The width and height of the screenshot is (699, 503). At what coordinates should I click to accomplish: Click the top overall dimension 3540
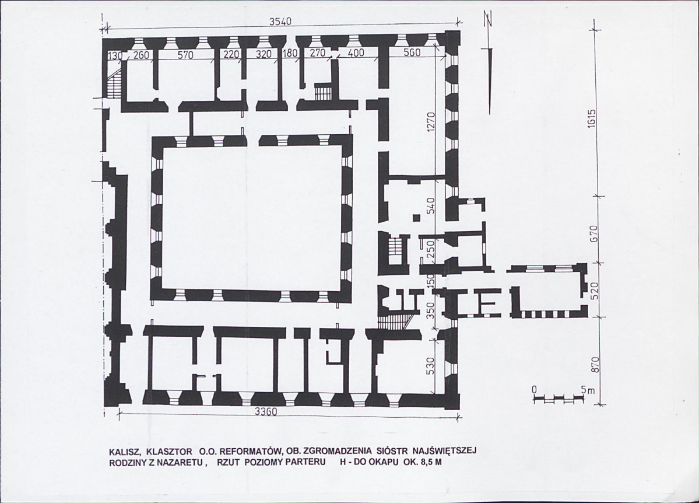(280, 22)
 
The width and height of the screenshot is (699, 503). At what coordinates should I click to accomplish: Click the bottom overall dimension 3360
(266, 411)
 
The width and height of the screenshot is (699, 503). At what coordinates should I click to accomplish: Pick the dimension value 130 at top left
(115, 55)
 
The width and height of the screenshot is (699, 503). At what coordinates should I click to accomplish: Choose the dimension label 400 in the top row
(356, 53)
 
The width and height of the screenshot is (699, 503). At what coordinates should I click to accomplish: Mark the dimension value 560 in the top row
(412, 53)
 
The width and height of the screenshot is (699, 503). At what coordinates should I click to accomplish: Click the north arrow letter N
(489, 20)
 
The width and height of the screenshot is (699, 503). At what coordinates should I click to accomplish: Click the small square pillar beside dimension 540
(416, 217)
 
